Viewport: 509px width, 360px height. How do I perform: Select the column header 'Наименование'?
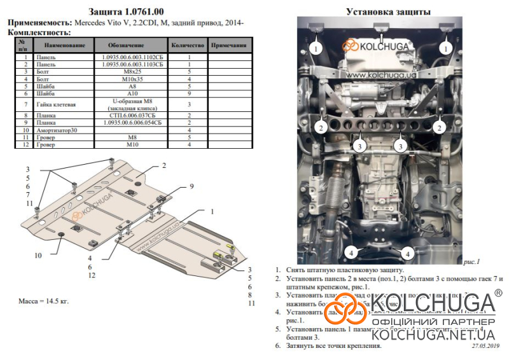[62, 46]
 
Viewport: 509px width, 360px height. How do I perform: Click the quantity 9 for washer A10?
[189, 93]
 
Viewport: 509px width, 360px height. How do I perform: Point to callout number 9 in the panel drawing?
[190, 186]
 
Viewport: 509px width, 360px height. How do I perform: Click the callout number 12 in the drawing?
[92, 275]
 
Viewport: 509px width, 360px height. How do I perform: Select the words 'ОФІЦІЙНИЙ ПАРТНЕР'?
[433, 321]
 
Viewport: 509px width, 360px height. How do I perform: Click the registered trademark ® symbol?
[498, 293]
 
